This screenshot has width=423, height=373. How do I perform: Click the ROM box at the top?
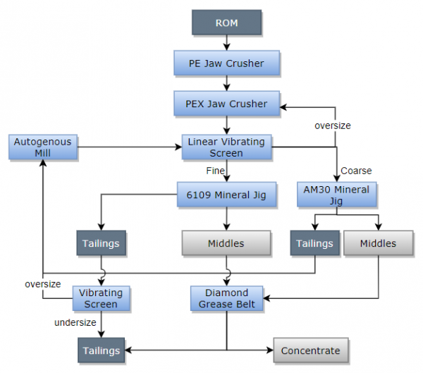(x=226, y=23)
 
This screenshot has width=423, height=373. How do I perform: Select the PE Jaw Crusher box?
(x=226, y=63)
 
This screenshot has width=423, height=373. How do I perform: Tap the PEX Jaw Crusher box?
(x=226, y=104)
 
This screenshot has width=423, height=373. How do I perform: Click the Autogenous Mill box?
(x=42, y=147)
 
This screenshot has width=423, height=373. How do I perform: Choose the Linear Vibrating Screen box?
(x=226, y=147)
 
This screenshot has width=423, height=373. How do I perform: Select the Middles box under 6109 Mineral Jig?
(x=226, y=243)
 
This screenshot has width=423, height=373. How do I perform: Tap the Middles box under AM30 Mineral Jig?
(x=378, y=243)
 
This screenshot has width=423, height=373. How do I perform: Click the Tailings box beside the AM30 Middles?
(x=314, y=243)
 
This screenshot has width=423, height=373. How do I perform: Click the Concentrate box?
(x=310, y=350)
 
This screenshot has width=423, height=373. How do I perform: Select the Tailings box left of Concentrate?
(x=101, y=350)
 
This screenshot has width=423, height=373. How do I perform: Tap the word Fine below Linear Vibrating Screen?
(x=215, y=171)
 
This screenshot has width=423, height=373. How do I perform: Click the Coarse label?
(x=356, y=171)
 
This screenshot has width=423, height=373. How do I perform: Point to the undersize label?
(x=76, y=323)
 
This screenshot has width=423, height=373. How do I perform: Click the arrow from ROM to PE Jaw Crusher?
(x=226, y=43)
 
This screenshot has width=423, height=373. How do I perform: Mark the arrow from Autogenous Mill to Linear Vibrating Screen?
(x=127, y=147)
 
